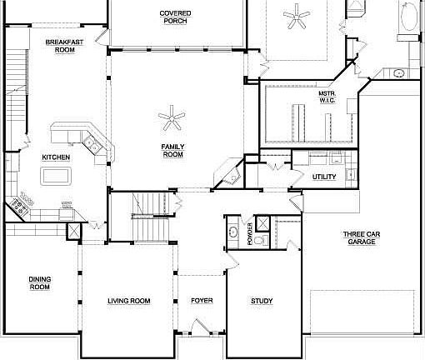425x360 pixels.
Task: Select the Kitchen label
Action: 56,157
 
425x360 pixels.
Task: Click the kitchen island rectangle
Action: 56,175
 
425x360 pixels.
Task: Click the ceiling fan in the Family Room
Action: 173,119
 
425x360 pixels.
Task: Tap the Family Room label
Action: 172,151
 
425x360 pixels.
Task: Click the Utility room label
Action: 324,177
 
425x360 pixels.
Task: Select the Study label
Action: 262,301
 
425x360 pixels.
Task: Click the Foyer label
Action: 202,301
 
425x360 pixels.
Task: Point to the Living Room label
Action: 129,301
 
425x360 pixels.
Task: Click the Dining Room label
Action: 39,283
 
